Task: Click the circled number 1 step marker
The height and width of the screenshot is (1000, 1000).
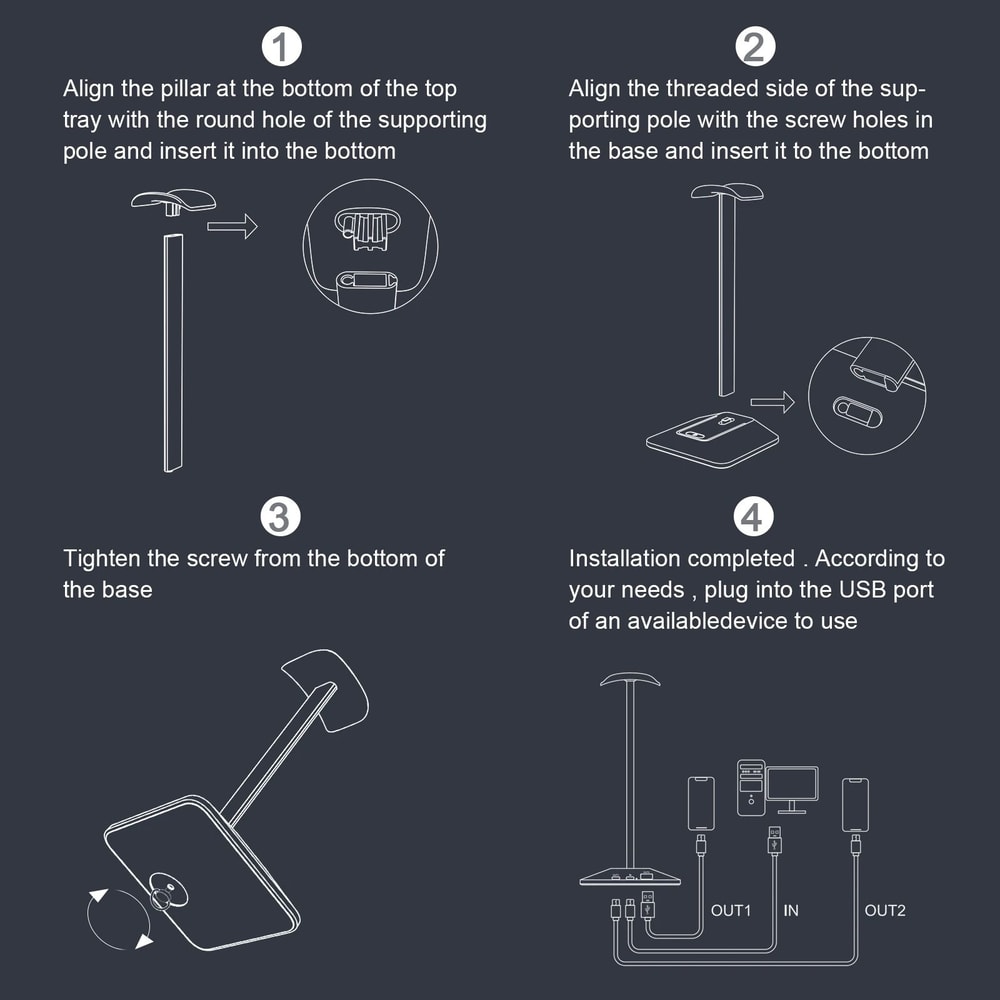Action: click(281, 47)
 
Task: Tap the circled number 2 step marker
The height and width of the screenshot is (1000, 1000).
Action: click(754, 47)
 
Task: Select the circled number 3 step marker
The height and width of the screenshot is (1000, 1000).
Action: click(281, 517)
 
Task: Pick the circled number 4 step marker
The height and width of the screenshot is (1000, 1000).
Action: click(753, 517)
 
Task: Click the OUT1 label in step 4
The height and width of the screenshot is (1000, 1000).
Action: click(731, 911)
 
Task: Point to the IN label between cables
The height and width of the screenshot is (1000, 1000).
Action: click(791, 911)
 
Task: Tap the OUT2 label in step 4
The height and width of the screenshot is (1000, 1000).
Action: click(885, 911)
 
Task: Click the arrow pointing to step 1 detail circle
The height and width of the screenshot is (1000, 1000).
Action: click(232, 226)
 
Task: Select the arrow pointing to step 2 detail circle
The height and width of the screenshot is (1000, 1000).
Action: click(772, 402)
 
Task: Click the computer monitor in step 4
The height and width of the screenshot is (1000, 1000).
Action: click(791, 790)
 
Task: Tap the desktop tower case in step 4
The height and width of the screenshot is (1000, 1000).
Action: click(751, 788)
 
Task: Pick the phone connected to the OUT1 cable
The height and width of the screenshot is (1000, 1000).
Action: click(701, 804)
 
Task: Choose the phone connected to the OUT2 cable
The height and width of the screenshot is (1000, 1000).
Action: click(855, 805)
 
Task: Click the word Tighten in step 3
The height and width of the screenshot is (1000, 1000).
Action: click(101, 559)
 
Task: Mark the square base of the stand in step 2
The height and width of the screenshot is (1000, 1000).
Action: click(712, 439)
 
